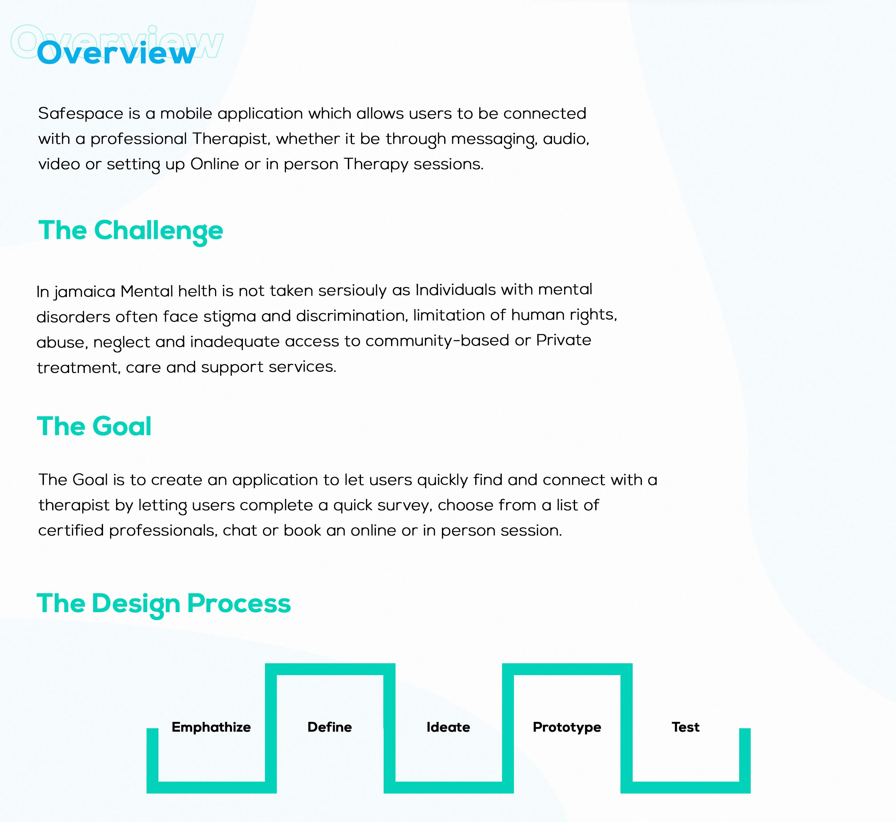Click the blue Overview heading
116,53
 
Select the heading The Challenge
131,231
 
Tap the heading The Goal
94,426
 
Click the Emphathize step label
211,727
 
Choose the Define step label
330,727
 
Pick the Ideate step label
448,727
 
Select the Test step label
685,727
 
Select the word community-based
437,341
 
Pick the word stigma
229,317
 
